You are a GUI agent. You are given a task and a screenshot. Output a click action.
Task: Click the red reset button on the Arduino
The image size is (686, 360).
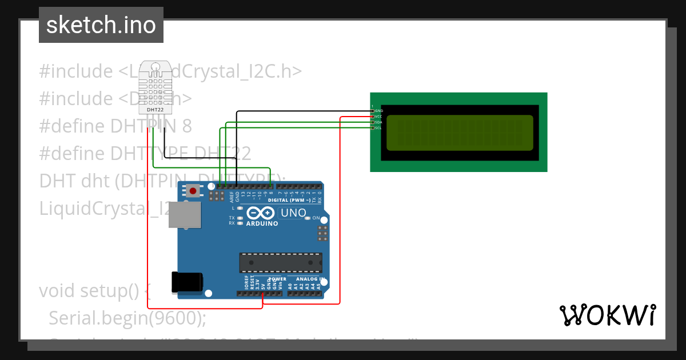coord(193,191)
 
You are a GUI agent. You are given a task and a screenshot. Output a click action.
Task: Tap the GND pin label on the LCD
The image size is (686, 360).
coord(379,110)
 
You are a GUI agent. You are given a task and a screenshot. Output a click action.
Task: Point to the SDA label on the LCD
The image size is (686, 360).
coord(378,122)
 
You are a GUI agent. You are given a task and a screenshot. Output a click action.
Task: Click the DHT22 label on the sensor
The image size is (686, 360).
coord(155,109)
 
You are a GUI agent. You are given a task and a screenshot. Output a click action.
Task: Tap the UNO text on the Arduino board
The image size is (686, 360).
coord(293,213)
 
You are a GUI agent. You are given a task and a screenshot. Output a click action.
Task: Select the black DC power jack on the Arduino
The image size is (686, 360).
coord(187,282)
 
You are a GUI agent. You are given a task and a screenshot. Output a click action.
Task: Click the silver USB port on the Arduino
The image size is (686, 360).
coord(185,215)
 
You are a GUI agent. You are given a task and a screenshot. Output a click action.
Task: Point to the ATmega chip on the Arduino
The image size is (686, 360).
coord(280,262)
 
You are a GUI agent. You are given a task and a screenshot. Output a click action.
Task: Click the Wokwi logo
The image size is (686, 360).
coord(607,315)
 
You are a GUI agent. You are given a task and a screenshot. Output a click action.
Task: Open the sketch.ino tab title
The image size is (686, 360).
coord(101,25)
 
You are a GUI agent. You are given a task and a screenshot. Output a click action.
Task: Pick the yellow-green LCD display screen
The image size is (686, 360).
coord(460,133)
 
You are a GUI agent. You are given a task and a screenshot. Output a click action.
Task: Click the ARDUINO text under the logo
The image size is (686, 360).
coord(262,223)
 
